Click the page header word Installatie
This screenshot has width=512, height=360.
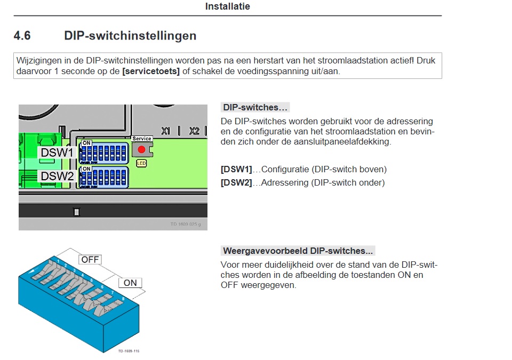[227, 7]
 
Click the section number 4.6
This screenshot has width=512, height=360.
[22, 36]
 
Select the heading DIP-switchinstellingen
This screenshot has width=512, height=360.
[130, 36]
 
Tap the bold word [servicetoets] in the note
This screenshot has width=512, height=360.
[151, 71]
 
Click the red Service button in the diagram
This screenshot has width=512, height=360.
[141, 149]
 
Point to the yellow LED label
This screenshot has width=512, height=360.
[141, 163]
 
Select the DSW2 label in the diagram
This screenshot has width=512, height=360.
[57, 176]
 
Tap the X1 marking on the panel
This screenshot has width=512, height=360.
[166, 131]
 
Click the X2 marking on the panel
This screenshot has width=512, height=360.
[194, 131]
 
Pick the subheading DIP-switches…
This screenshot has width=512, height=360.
[255, 108]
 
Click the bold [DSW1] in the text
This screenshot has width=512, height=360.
[236, 170]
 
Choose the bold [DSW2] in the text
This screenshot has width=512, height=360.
[236, 183]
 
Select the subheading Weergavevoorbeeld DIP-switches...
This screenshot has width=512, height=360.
[298, 251]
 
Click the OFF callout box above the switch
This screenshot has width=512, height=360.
[90, 260]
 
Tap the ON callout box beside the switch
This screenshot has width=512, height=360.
[130, 283]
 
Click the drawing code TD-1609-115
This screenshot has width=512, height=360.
[128, 351]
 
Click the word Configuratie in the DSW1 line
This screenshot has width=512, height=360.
[288, 170]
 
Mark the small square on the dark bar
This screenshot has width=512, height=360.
[76, 212]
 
